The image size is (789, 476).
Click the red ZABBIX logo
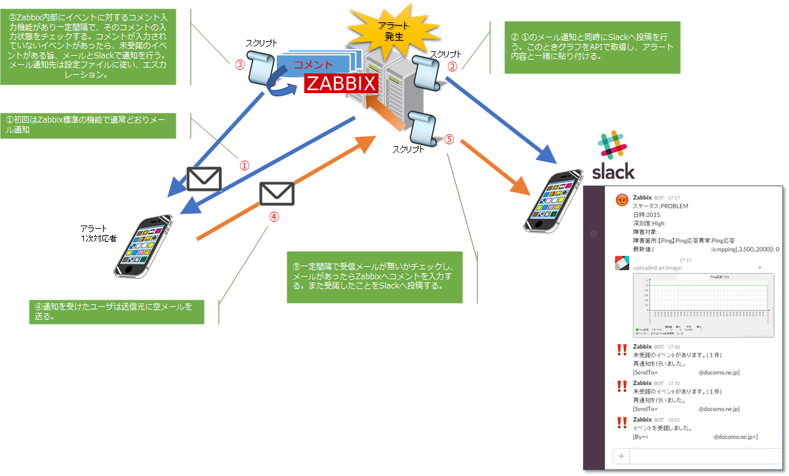pos(341,84)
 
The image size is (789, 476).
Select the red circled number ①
pos(243,166)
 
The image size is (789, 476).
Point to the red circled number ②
pos(452,67)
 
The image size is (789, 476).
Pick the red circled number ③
pos(239,65)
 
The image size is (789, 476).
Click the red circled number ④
pos(275,216)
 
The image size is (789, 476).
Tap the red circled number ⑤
pos(449,139)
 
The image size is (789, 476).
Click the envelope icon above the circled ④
pos(277,193)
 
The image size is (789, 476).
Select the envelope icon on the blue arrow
pos(204,178)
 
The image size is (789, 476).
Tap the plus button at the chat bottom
pos(621,456)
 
